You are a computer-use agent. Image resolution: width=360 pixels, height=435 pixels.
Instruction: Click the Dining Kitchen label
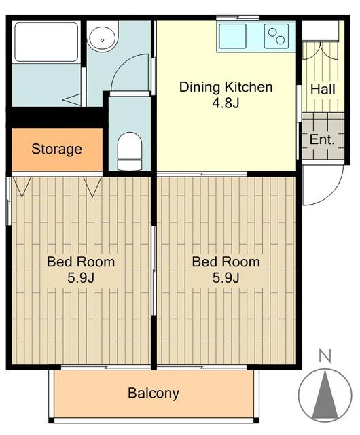click(226, 87)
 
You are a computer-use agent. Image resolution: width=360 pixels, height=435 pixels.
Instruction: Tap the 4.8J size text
click(226, 103)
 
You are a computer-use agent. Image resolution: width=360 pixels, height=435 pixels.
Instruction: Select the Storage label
click(56, 150)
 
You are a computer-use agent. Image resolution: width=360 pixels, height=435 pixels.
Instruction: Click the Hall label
click(323, 89)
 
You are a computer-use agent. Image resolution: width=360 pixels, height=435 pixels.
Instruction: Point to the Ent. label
click(322, 139)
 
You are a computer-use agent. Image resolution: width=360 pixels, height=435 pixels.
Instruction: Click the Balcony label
click(154, 394)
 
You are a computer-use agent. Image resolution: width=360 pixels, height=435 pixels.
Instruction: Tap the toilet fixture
click(130, 151)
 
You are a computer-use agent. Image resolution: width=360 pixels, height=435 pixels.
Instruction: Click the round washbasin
click(103, 39)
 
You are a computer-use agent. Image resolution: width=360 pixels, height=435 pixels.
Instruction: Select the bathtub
click(46, 42)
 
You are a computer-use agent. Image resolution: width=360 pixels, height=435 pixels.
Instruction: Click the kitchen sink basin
click(233, 36)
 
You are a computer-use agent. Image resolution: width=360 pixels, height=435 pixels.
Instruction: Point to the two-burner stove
click(276, 36)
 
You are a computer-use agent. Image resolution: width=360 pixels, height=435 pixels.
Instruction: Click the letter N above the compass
click(325, 356)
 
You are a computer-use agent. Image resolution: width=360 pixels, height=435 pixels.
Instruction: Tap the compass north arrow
click(325, 394)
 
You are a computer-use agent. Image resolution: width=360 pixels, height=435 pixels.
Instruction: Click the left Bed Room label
click(81, 262)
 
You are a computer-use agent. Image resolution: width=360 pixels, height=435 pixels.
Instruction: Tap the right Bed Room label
click(226, 262)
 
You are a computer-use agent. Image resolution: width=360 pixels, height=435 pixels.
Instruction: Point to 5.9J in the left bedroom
click(81, 278)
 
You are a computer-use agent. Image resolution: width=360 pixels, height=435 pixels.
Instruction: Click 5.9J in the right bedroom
click(226, 278)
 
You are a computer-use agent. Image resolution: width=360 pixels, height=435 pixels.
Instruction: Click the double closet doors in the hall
click(321, 51)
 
